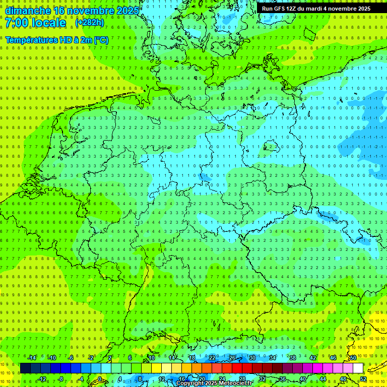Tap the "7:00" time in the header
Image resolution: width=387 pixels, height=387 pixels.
coord(18,23)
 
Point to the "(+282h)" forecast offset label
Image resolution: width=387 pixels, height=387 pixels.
coord(90,23)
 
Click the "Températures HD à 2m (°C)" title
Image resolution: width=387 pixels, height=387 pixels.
coord(57,40)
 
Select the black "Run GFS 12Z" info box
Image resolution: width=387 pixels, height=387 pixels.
coord(316,8)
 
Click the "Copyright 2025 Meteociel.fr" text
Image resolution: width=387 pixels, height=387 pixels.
coord(214,383)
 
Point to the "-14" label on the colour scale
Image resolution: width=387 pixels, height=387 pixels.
coord(32,358)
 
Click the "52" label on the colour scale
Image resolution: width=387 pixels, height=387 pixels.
coord(363,379)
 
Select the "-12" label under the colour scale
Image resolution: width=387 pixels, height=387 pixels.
coord(42,379)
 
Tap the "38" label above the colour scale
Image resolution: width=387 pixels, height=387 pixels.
coord(292,358)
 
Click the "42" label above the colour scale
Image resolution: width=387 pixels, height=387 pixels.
coord(312,358)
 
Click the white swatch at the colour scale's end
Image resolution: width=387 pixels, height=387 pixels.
coord(358,368)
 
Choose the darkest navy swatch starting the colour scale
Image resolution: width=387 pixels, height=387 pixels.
coord(25,368)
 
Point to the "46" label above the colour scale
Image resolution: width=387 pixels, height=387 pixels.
coord(333,358)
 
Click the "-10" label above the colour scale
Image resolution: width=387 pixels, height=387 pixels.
coord(52,358)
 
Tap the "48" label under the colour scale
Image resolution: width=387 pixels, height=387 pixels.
coord(343,379)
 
